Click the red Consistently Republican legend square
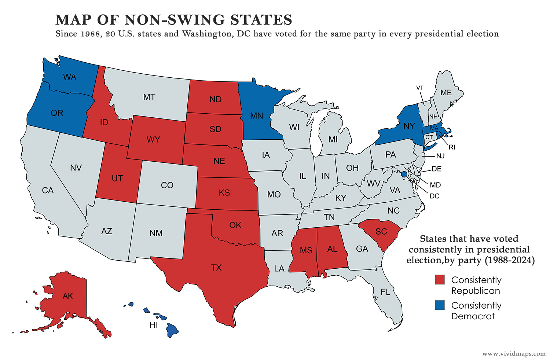pyautogui.click(x=440, y=280)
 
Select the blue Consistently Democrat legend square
pyautogui.click(x=440, y=305)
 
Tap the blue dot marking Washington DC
pyautogui.click(x=404, y=175)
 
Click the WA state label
pyautogui.click(x=70, y=77)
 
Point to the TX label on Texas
pyautogui.click(x=216, y=268)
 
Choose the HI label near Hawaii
pyautogui.click(x=154, y=326)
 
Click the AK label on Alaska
pyautogui.click(x=68, y=296)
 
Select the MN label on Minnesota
pyautogui.click(x=256, y=116)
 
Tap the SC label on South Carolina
pyautogui.click(x=381, y=231)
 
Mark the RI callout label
pyautogui.click(x=452, y=147)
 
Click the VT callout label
pyautogui.click(x=420, y=88)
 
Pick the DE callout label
pyautogui.click(x=437, y=169)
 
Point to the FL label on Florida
pyautogui.click(x=385, y=292)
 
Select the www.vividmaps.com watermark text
pyautogui.click(x=514, y=354)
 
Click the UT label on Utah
pyautogui.click(x=117, y=179)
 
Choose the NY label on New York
pyautogui.click(x=409, y=126)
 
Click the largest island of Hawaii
pyautogui.click(x=172, y=330)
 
